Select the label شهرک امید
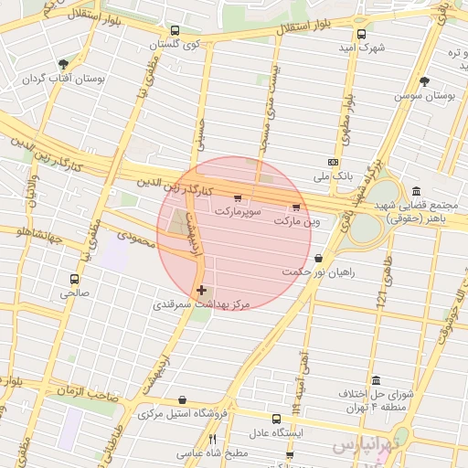pyautogui.click(x=353, y=47)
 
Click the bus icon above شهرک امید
pyautogui.click(x=362, y=34)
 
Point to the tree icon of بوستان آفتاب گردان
pyautogui.click(x=63, y=64)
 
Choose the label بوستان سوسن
pyautogui.click(x=425, y=95)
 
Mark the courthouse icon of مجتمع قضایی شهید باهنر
pyautogui.click(x=417, y=191)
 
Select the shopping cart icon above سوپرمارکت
pyautogui.click(x=239, y=198)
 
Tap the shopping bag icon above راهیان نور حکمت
pyautogui.click(x=317, y=259)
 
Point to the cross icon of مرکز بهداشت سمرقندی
pyautogui.click(x=201, y=290)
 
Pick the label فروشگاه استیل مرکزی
pyautogui.click(x=181, y=412)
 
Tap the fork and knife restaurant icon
pyautogui.click(x=213, y=439)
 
